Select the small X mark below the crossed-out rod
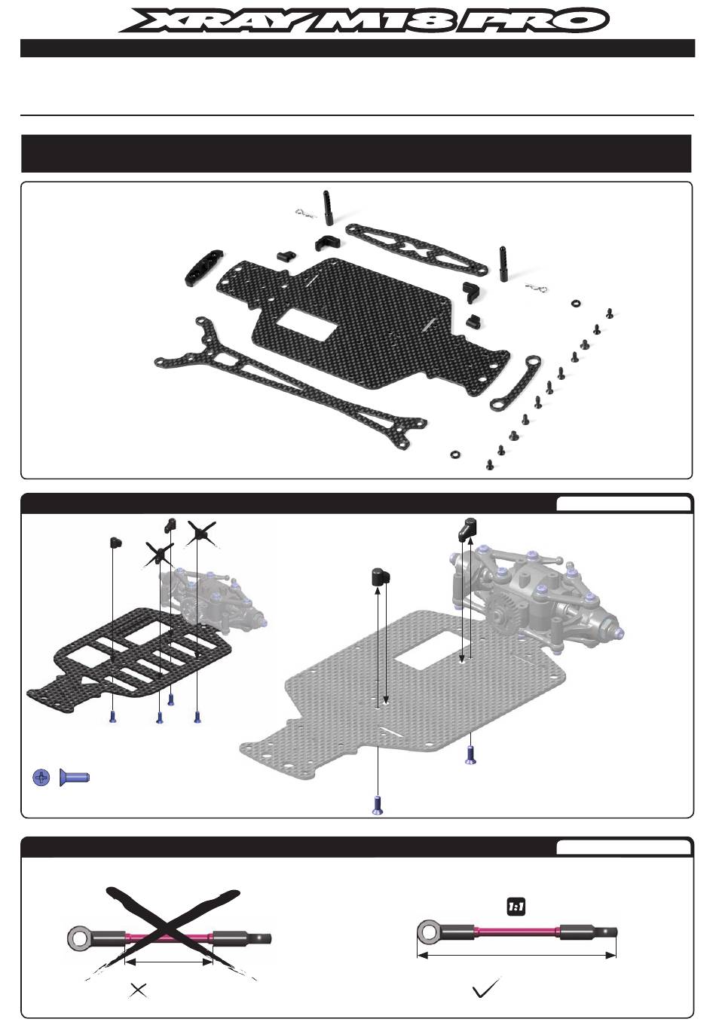point(138,990)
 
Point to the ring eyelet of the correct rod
point(429,932)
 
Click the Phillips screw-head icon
point(42,777)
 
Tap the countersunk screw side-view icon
point(75,776)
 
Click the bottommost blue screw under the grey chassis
point(378,805)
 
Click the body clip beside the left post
point(304,213)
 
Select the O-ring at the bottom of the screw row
point(455,454)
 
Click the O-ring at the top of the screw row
point(576,303)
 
